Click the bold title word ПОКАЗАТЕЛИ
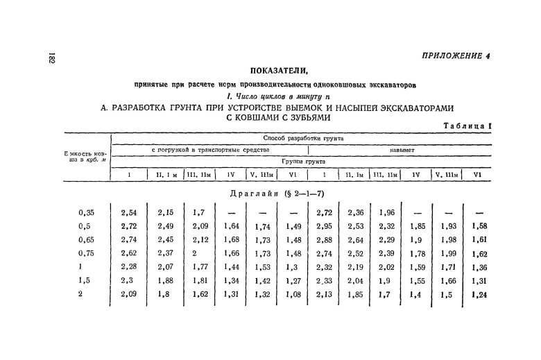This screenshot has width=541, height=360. click(x=277, y=71)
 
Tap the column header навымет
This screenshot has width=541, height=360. click(x=399, y=149)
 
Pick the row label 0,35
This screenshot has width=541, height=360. click(x=86, y=214)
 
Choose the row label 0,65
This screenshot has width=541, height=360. click(x=86, y=239)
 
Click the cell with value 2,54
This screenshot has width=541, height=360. click(x=129, y=214)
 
